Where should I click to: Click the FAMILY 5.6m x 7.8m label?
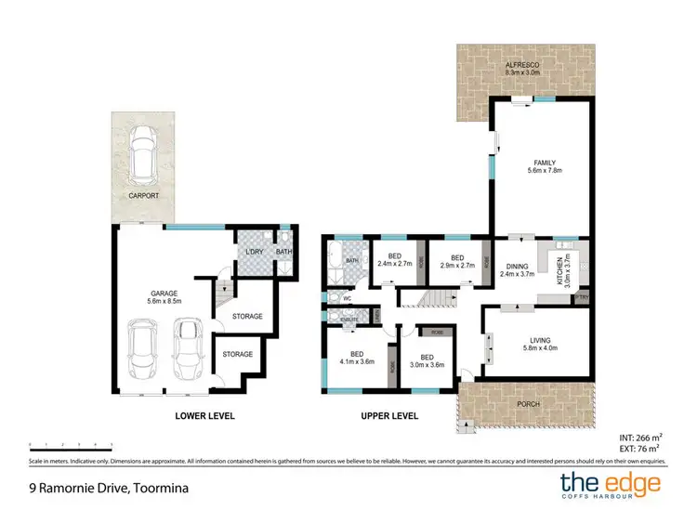point(539,166)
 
